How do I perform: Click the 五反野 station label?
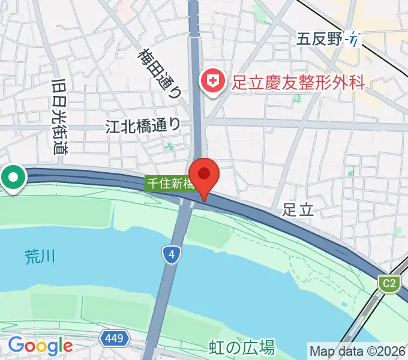[x=319, y=40]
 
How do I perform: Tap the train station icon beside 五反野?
[x=355, y=40]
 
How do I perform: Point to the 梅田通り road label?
[x=160, y=73]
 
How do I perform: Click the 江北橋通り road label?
[x=142, y=125]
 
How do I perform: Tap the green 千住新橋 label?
[x=170, y=184]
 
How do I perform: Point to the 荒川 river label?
[x=40, y=257]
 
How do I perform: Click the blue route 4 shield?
[x=172, y=255]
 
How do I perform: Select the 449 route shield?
[x=113, y=338]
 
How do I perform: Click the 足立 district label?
[x=298, y=209]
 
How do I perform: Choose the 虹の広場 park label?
[x=242, y=347]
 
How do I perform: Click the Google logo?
[x=40, y=346]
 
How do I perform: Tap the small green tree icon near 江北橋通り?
[x=169, y=145]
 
